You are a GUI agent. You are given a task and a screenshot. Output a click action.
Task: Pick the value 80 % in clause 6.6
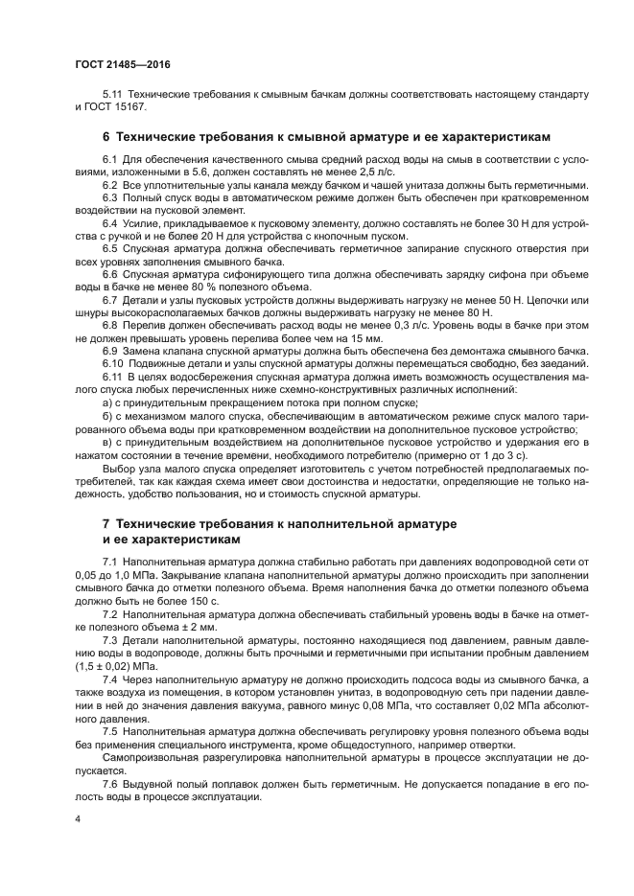coord(204,287)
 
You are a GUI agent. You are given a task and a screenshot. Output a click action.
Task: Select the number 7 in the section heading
coord(106,524)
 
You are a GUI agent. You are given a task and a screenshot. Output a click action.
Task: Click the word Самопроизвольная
coord(150,756)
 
